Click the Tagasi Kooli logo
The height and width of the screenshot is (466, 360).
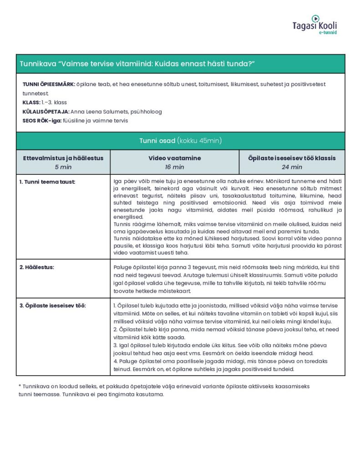point(314,24)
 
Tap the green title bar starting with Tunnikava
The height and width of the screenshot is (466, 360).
point(180,64)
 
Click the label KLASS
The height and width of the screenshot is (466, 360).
point(31,102)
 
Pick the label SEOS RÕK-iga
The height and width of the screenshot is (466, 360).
point(42,121)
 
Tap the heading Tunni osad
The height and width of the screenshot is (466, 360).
point(157,141)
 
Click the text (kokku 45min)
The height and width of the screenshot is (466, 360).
point(200,141)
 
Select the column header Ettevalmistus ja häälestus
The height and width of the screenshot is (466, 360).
point(63,158)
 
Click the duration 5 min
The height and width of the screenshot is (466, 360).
point(63,167)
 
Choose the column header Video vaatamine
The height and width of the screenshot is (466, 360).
point(174,158)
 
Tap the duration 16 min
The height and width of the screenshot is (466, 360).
point(174,167)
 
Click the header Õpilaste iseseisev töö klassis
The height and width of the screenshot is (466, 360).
point(292,158)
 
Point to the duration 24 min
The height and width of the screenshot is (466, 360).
point(292,167)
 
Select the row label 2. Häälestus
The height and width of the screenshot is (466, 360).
point(36,267)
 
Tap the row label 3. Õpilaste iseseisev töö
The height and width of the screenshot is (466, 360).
point(52,305)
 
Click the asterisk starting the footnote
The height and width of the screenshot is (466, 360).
point(20,386)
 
